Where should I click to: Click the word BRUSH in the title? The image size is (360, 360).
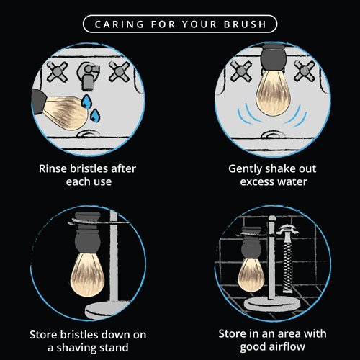point(245,24)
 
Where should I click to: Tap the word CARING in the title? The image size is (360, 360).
point(120,24)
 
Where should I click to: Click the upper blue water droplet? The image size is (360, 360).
point(86,101)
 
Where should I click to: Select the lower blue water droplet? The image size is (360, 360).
point(95,116)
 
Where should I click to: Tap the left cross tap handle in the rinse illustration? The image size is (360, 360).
point(57,72)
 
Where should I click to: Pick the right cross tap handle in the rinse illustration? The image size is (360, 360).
point(120,71)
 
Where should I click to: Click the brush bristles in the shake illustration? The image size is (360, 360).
point(273,94)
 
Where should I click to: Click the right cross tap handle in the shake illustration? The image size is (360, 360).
point(305,71)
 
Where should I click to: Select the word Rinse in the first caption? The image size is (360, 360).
point(53,168)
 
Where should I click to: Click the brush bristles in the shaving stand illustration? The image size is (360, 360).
point(87,275)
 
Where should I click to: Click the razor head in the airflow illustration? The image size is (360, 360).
point(287,230)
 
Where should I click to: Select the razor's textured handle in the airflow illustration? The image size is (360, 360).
point(287,264)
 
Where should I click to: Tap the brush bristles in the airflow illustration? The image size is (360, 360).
point(251,275)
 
